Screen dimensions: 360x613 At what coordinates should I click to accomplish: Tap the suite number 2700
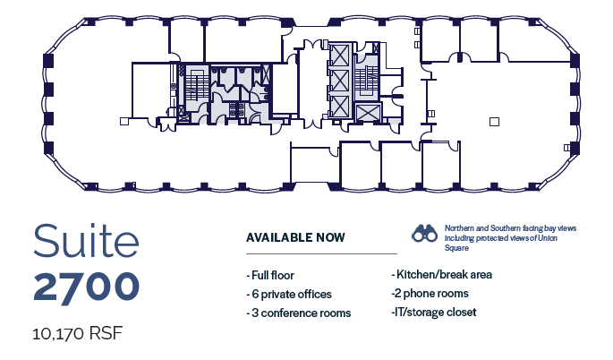86,287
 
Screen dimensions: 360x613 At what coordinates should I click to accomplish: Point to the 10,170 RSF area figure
76,334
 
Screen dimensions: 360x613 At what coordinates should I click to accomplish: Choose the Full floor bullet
270,275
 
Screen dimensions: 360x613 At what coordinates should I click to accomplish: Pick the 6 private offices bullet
289,294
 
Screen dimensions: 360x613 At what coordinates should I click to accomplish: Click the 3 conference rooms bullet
298,313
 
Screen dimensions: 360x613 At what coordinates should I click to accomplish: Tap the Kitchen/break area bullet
441,274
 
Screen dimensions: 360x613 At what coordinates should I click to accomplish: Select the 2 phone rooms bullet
430,293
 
